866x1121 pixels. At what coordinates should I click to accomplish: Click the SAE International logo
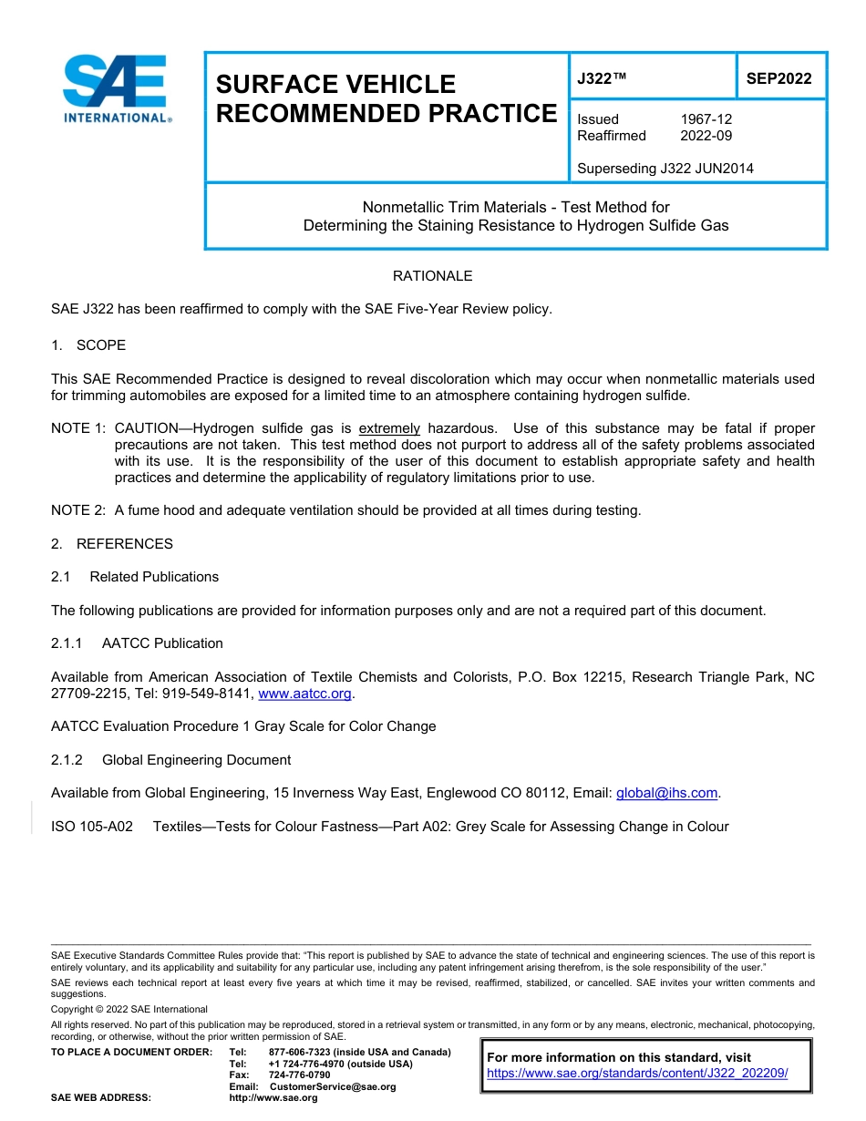116,89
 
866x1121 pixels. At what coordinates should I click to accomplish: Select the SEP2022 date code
778,78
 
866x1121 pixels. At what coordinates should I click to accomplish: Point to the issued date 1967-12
706,119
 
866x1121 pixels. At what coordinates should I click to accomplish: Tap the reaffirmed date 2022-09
706,136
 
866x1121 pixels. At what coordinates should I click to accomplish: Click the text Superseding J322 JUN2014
665,168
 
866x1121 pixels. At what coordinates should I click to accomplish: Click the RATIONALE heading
432,276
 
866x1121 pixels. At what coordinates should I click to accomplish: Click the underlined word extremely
389,428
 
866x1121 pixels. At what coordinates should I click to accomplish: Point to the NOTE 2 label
77,510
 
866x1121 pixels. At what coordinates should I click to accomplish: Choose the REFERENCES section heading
124,544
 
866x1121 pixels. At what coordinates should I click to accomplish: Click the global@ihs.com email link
667,794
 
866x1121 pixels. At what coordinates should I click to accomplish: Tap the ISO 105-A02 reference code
92,827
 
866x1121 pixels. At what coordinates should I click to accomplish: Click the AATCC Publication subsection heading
162,643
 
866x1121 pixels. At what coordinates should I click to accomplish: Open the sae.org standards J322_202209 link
637,1074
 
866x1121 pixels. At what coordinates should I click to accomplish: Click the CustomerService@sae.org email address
333,1086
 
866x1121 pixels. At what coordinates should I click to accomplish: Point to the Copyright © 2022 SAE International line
129,1009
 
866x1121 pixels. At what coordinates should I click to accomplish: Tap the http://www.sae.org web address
273,1098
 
